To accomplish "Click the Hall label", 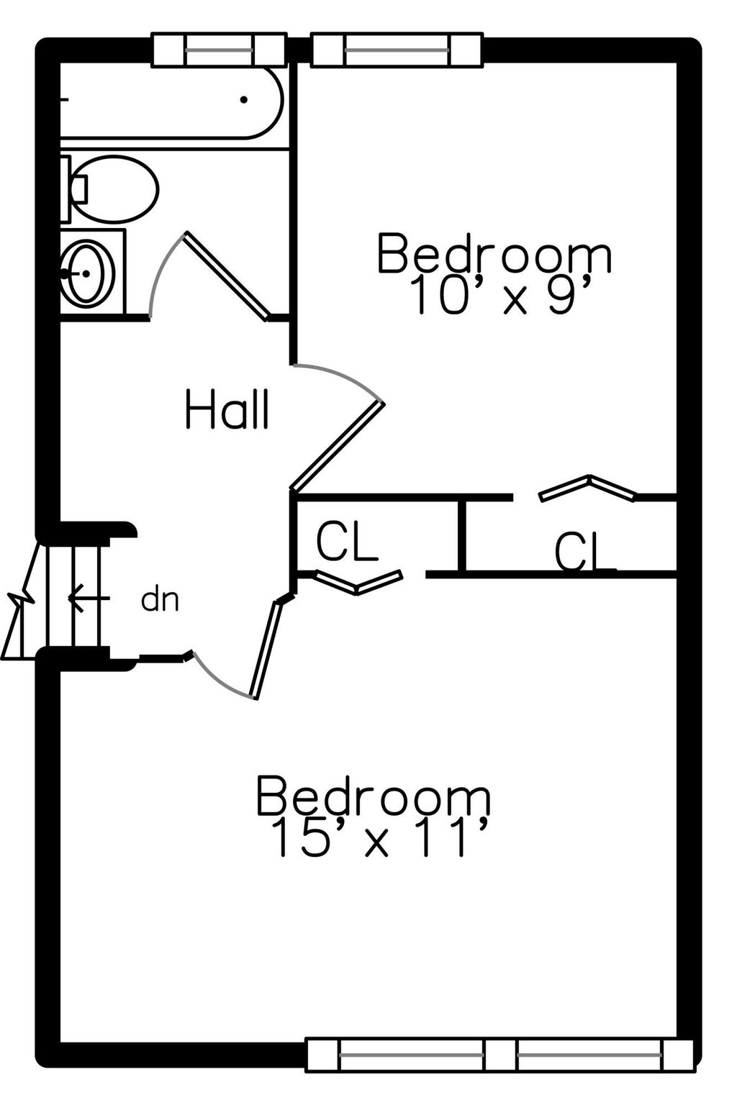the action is pyautogui.click(x=227, y=409).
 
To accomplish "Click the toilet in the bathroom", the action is pyautogui.click(x=109, y=188).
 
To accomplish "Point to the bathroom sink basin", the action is pyautogui.click(x=87, y=273).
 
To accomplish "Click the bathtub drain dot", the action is pyautogui.click(x=243, y=100).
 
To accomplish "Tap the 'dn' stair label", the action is pyautogui.click(x=160, y=601).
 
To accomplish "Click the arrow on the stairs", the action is pyautogui.click(x=89, y=599).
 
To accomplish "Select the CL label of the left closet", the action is pyautogui.click(x=346, y=542).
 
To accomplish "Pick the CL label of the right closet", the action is pyautogui.click(x=584, y=552).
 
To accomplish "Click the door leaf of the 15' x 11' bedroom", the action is pyautogui.click(x=266, y=649).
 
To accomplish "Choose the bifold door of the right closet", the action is pyautogui.click(x=587, y=488).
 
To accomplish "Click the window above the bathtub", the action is pyautogui.click(x=219, y=50).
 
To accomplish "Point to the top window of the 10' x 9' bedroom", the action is pyautogui.click(x=397, y=50).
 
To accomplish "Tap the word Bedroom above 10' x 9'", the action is pyautogui.click(x=494, y=253).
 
